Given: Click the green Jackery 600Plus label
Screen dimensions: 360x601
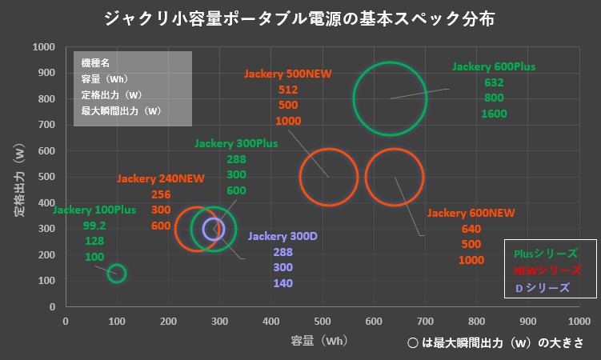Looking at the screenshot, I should click(x=494, y=66).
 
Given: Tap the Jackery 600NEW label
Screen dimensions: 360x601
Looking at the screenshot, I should click(x=471, y=214).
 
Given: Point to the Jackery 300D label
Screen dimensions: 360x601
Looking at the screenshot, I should click(x=282, y=236).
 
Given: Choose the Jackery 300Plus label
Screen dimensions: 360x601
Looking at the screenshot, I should click(x=236, y=144).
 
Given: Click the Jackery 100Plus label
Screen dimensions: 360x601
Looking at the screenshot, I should click(x=94, y=210).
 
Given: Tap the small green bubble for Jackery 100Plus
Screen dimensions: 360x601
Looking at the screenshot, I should click(x=117, y=274).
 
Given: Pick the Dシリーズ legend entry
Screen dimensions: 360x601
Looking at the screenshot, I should click(x=542, y=287).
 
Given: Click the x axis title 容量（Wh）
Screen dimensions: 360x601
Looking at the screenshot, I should click(x=319, y=341).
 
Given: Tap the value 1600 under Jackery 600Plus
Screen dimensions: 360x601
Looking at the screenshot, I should click(x=494, y=114).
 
